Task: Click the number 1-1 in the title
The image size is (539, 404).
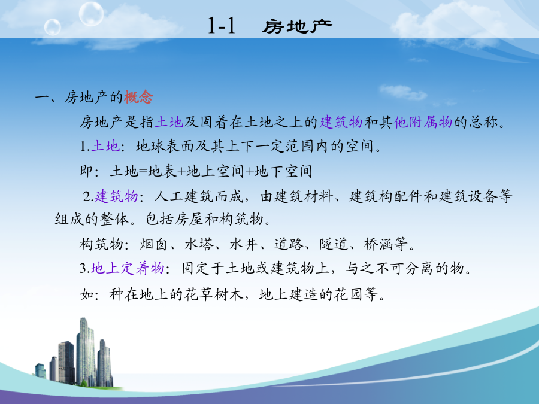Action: [x=222, y=25]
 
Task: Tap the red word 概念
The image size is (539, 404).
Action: [x=138, y=97]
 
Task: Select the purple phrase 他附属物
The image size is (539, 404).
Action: [x=423, y=122]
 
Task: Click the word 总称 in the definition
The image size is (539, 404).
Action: [x=483, y=122]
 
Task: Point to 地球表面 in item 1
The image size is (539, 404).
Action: [x=165, y=147]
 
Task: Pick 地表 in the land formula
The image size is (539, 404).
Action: [x=162, y=171]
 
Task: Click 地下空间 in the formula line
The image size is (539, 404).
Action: [x=284, y=171]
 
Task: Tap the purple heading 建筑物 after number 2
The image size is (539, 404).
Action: [x=116, y=196]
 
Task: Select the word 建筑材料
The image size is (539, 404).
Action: [x=304, y=196]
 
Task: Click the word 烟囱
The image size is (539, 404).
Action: [x=154, y=244]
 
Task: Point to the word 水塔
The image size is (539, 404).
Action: [x=199, y=244]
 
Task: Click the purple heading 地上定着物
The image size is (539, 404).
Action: [x=128, y=268]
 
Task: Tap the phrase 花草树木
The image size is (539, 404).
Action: [x=214, y=294]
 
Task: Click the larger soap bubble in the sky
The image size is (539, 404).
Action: [x=91, y=14]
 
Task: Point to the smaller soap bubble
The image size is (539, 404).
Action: [x=53, y=27]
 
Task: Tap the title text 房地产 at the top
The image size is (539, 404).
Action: [x=297, y=26]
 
